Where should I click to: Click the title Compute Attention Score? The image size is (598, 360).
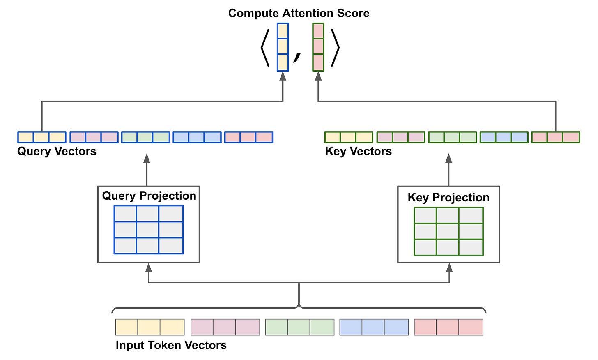tap(299, 13)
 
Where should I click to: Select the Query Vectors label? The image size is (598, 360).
tap(57, 151)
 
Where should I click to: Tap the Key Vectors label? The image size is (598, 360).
tap(358, 151)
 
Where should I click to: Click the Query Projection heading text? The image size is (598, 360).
tap(149, 196)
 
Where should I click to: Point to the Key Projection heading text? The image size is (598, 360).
tap(448, 198)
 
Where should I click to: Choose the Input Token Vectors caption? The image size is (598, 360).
tap(171, 345)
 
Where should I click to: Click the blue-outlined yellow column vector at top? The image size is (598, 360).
tap(283, 47)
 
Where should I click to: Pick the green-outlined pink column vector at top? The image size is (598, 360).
tap(318, 47)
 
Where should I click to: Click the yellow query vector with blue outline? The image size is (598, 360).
tap(42, 137)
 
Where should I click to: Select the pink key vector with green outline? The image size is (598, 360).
tap(555, 137)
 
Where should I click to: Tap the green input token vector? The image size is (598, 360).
tap(299, 327)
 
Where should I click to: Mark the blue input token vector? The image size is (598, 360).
tap(374, 327)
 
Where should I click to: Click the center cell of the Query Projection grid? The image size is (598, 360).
tap(148, 230)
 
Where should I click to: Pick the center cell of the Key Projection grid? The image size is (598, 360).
tap(448, 231)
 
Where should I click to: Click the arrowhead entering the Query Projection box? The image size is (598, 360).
tap(149, 268)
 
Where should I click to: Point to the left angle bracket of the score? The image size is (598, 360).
tap(265, 48)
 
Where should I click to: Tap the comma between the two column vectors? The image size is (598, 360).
tap(297, 58)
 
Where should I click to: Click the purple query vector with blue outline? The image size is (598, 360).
tap(94, 137)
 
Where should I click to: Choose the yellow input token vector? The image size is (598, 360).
tap(150, 327)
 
